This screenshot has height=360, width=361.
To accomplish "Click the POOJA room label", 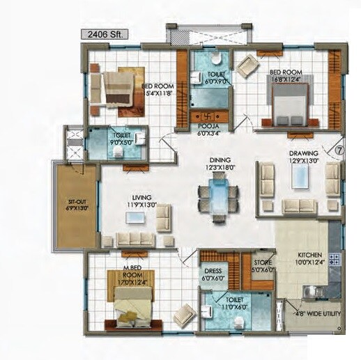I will point(208,129).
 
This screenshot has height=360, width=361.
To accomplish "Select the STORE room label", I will point(262,265).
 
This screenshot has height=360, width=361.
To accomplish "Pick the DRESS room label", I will point(213,274).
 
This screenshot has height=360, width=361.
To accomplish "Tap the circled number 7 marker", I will point(340,149).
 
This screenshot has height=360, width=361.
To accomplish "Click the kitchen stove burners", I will point(334,260).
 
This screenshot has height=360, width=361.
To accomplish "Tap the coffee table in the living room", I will point(135,219).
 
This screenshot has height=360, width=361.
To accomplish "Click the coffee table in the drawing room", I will point(300,178).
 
